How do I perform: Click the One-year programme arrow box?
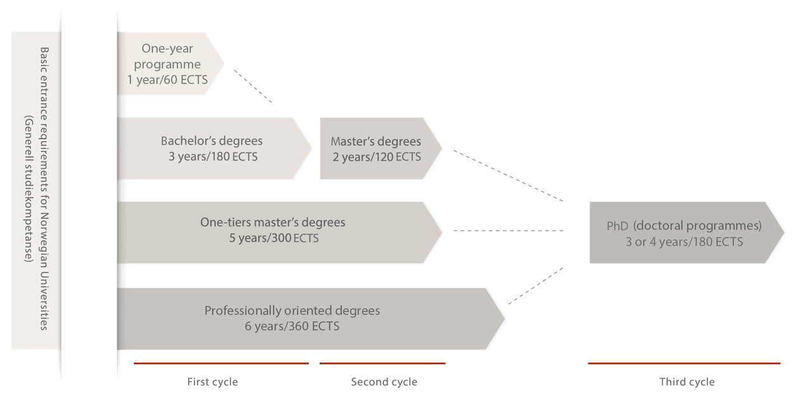[x=168, y=64]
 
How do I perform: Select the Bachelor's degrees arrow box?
[x=212, y=148]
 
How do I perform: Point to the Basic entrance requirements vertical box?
[x=35, y=190]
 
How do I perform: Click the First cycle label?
[x=213, y=382]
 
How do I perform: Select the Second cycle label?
[x=384, y=382]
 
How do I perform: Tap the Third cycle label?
[x=687, y=382]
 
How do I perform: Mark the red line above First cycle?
[x=221, y=363]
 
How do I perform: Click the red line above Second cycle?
[x=383, y=363]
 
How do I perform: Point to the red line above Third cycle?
[x=684, y=363]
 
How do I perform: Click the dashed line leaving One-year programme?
[x=253, y=86]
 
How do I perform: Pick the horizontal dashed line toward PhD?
[x=509, y=231]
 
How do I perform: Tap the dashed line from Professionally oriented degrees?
[x=536, y=286]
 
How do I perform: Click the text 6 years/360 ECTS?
[x=292, y=327]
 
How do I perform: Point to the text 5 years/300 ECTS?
[x=274, y=239]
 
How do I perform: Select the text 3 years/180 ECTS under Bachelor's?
[x=213, y=157]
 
